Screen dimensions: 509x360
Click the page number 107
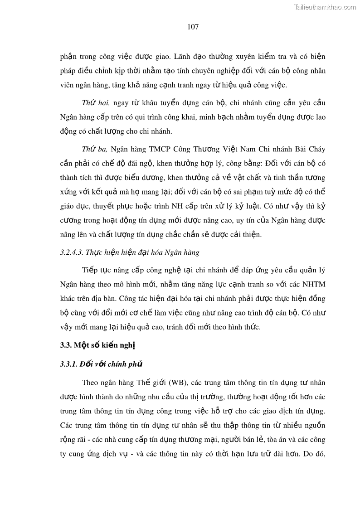point(193,27)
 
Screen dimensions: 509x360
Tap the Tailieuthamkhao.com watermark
point(325,7)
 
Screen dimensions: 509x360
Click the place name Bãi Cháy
point(309,149)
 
